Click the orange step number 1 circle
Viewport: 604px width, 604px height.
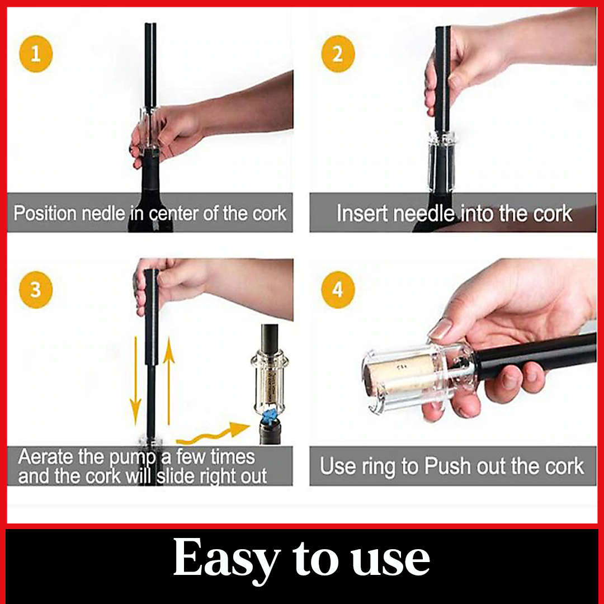[x=35, y=54]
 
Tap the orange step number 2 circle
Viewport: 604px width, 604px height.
[x=338, y=54]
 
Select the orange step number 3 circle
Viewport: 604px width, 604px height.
[x=35, y=290]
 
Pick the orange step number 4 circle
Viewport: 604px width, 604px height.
[x=338, y=290]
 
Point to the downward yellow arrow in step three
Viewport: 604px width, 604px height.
[x=135, y=381]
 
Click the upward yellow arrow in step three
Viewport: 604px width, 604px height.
[x=168, y=381]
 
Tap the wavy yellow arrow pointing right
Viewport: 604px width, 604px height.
[x=213, y=434]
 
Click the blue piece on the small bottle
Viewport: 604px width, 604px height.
[x=270, y=417]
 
